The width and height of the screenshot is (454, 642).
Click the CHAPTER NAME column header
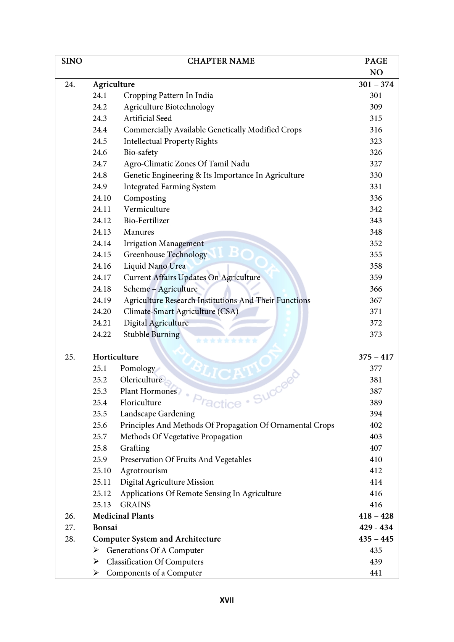pyautogui.click(x=221, y=61)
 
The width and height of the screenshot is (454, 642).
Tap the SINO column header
pyautogui.click(x=72, y=61)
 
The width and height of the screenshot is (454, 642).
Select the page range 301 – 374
pyautogui.click(x=376, y=84)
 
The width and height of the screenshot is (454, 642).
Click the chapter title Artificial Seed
pyautogui.click(x=148, y=118)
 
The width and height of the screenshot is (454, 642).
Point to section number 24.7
pyautogui.click(x=100, y=164)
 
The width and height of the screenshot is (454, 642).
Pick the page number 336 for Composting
pyautogui.click(x=376, y=198)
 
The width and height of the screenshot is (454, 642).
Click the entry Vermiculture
pyautogui.click(x=147, y=209)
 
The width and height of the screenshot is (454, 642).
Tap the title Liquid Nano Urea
pyautogui.click(x=155, y=266)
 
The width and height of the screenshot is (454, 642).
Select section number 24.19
pyautogui.click(x=102, y=300)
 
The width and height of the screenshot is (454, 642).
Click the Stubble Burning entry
pyautogui.click(x=151, y=334)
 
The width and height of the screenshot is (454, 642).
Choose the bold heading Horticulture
pyautogui.click(x=116, y=357)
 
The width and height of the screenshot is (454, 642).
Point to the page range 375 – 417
pyautogui.click(x=376, y=357)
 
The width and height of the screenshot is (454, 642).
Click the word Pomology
pyautogui.click(x=137, y=368)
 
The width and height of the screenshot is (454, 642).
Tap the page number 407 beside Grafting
pyautogui.click(x=376, y=448)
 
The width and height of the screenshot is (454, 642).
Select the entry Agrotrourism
pyautogui.click(x=144, y=471)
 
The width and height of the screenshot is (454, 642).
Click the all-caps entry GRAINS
pyautogui.click(x=135, y=505)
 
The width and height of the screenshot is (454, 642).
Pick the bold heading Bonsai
pyautogui.click(x=105, y=527)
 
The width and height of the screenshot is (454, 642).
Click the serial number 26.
pyautogui.click(x=70, y=516)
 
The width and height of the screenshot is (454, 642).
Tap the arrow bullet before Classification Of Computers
pyautogui.click(x=96, y=561)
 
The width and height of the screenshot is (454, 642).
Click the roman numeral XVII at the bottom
pyautogui.click(x=227, y=600)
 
